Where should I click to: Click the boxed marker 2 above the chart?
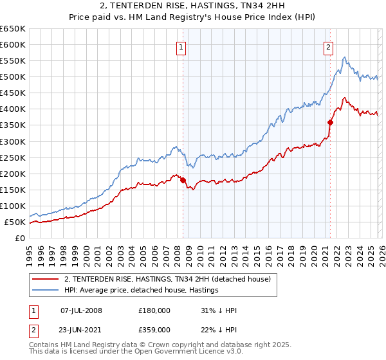328,47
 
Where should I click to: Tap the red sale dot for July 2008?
183,180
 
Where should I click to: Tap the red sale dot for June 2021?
330,122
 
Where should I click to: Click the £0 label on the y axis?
19,239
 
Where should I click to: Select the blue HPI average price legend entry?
142,290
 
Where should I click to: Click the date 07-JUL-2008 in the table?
81,310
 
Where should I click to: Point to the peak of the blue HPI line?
345,58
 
